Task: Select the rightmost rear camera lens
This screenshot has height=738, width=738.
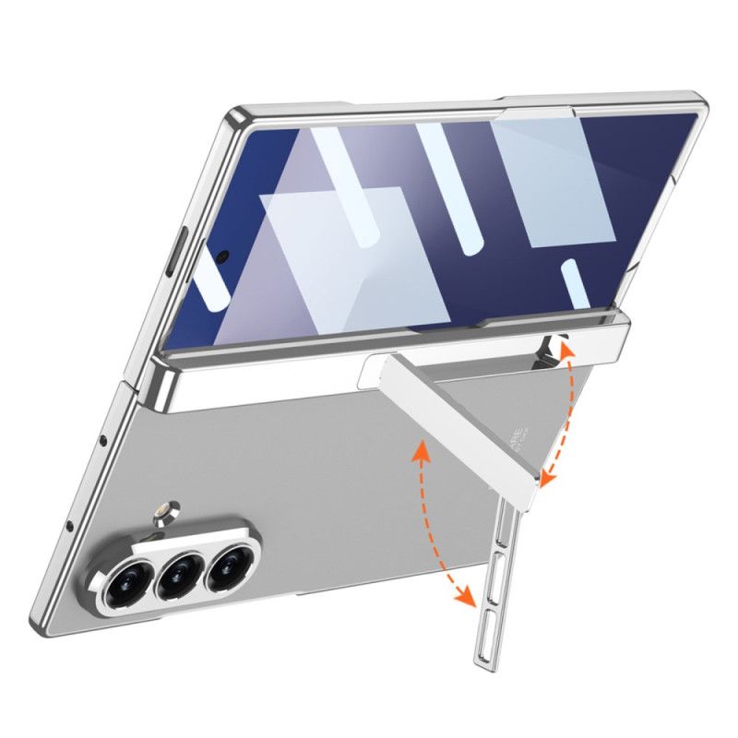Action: [x=227, y=569]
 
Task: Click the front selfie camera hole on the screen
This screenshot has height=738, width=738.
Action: [x=223, y=254]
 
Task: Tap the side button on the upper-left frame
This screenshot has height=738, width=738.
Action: [x=179, y=250]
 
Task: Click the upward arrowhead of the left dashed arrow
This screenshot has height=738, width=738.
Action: [x=424, y=447]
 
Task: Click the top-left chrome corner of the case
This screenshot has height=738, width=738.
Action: [x=236, y=117]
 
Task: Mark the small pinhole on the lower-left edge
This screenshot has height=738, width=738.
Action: [x=69, y=526]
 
